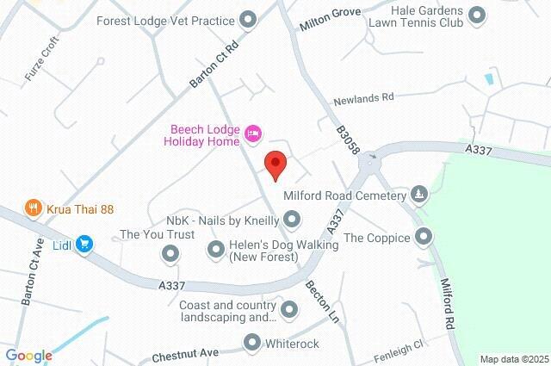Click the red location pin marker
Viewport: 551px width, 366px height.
coord(275,164)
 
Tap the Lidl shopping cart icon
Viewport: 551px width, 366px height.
coord(84,245)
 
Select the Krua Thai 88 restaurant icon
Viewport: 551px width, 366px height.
coord(34,208)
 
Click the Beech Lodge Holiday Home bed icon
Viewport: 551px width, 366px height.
coord(253,133)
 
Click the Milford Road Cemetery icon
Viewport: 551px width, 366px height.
coord(419,195)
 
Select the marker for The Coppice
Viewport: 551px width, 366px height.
coord(423,236)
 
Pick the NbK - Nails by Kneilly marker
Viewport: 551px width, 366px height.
coord(293,220)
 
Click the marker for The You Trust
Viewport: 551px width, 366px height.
coord(170,253)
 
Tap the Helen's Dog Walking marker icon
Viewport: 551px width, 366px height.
coord(215,250)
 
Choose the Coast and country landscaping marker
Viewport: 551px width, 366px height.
coord(289,308)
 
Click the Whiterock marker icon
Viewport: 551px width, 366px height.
coord(251,344)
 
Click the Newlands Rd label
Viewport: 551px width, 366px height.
coord(363,97)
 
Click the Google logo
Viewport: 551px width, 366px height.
coord(28,355)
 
